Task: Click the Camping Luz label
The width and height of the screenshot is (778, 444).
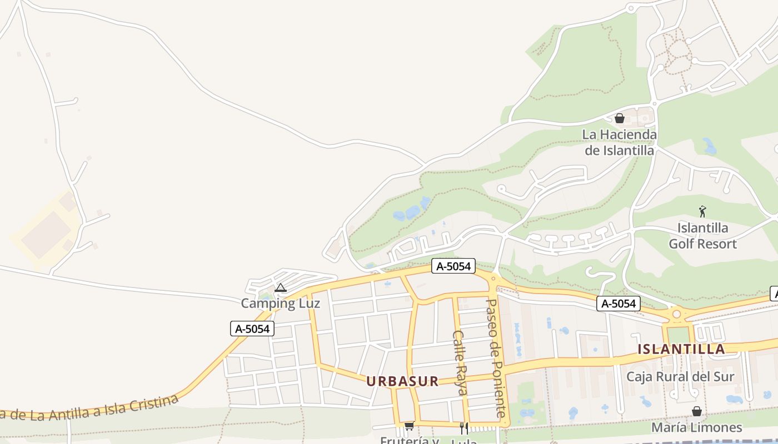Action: click(x=280, y=304)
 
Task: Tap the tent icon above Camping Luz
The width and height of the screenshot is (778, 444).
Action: click(x=281, y=287)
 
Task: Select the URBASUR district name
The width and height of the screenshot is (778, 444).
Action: click(x=402, y=381)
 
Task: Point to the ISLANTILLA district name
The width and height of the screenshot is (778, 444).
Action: click(x=681, y=349)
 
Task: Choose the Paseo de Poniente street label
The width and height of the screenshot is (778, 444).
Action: click(x=496, y=358)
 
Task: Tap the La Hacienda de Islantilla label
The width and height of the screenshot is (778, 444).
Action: click(x=619, y=142)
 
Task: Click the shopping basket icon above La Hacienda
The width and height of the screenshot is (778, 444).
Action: click(x=620, y=118)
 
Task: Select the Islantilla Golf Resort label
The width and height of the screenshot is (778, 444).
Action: click(x=702, y=236)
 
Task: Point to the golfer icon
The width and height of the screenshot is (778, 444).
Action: click(x=702, y=211)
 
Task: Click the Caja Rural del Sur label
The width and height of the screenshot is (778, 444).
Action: click(x=680, y=377)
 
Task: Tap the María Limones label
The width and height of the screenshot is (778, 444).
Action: click(x=696, y=427)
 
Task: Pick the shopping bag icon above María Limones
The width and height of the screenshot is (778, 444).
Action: click(x=696, y=411)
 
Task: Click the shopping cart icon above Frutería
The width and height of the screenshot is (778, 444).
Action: click(x=410, y=426)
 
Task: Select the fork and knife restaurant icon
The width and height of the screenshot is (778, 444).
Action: click(x=463, y=428)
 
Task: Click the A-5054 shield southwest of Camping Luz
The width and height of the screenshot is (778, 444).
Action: click(x=252, y=329)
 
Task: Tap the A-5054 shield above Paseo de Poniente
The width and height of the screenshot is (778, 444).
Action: click(x=453, y=266)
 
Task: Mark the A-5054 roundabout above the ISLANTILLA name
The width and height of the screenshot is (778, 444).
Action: click(x=676, y=315)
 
